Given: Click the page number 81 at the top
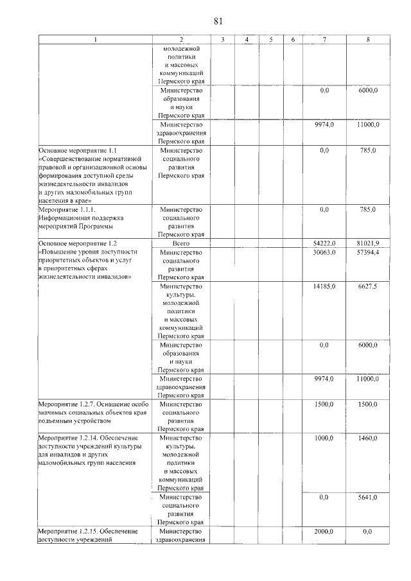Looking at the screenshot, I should click(x=218, y=21).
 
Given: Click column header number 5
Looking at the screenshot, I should click(x=271, y=40).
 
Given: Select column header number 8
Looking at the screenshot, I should click(x=368, y=40).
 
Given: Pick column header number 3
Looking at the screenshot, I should click(x=222, y=40).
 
